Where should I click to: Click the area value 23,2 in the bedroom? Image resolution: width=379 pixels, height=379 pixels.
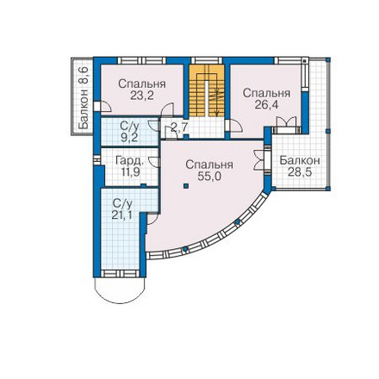(x=142, y=96)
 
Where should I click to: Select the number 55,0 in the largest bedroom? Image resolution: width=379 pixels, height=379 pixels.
(x=209, y=177)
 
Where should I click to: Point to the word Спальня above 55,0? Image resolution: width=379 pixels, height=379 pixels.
(x=209, y=165)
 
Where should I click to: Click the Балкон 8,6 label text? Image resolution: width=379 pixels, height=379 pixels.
(x=84, y=98)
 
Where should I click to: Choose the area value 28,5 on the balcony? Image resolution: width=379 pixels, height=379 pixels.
(x=300, y=172)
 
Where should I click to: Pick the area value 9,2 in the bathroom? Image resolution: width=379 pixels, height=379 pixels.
(x=129, y=138)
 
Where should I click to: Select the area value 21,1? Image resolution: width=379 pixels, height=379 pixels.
(x=122, y=214)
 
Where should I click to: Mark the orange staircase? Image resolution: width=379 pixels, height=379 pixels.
(x=207, y=90)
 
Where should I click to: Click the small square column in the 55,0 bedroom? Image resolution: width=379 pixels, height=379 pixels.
(x=186, y=186)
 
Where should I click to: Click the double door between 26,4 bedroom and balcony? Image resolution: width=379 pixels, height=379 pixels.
(x=286, y=123)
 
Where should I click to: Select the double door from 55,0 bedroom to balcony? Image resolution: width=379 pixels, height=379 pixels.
(x=259, y=160)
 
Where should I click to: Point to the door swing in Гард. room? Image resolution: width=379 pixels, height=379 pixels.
(x=153, y=162)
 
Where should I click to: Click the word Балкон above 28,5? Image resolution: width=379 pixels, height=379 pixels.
(x=300, y=160)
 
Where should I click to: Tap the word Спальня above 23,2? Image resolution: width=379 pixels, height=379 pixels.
(x=142, y=84)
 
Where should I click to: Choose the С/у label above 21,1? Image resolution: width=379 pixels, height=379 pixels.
(x=122, y=203)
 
